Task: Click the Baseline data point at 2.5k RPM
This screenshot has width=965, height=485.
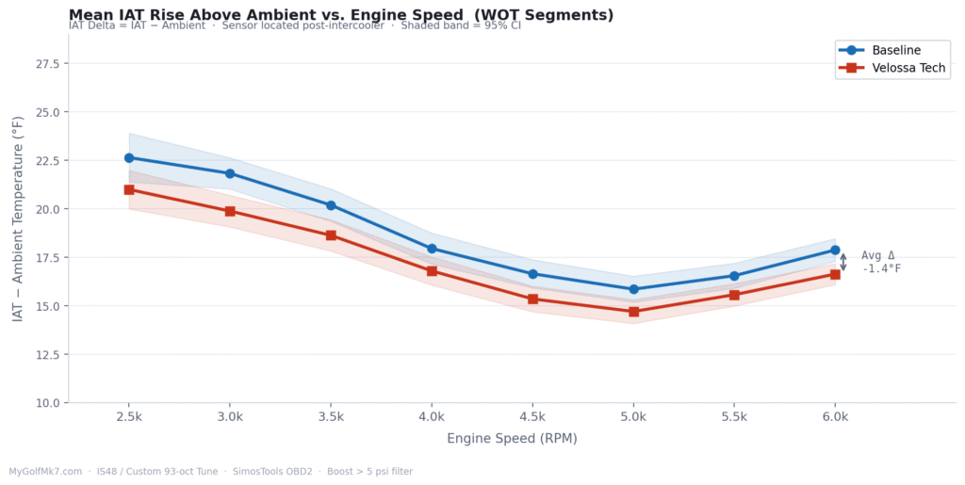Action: (129, 158)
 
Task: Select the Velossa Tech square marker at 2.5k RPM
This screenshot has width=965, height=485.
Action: (129, 189)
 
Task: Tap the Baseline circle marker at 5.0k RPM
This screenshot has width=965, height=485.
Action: (633, 289)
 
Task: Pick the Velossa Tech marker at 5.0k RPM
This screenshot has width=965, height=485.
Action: (633, 312)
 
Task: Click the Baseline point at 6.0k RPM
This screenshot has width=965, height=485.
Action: (835, 250)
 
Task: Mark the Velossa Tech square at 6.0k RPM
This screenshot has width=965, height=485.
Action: (835, 274)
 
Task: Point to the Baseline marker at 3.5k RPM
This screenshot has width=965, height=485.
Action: (331, 205)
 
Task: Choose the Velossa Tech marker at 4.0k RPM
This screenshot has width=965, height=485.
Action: (432, 271)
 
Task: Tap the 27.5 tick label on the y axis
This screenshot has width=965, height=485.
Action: (46, 64)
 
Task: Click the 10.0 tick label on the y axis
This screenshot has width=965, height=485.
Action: (46, 403)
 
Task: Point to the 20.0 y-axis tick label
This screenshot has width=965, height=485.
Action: (46, 209)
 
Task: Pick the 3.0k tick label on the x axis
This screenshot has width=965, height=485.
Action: (230, 416)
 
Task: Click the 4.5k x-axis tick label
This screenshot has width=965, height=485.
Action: (532, 416)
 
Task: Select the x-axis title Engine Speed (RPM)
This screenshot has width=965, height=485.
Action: (512, 439)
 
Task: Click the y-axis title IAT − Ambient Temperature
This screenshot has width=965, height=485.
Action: (18, 218)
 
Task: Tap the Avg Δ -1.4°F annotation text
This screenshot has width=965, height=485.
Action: (880, 262)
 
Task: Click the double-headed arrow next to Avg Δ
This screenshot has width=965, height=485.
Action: (843, 262)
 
